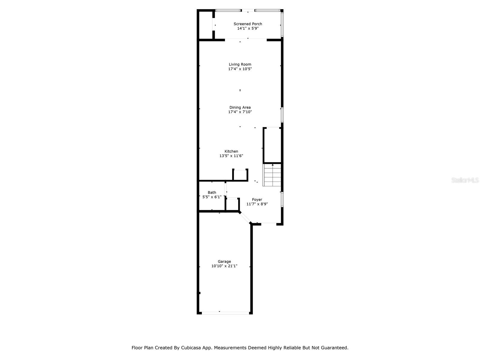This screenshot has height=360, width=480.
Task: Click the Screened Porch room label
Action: [x=248, y=24]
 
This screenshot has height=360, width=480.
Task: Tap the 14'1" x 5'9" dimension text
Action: [x=248, y=28]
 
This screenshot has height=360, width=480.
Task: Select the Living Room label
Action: [x=240, y=64]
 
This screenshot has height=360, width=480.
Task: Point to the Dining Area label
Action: [x=240, y=107]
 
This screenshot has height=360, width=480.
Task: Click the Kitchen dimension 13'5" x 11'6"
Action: [x=231, y=156]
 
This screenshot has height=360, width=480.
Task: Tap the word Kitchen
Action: [x=231, y=151]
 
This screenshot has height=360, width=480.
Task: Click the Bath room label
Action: [x=212, y=193]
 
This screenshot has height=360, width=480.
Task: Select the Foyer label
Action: [x=257, y=199]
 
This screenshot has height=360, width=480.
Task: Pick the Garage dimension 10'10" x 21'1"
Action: [x=224, y=266]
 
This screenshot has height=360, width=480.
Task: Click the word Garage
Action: [x=224, y=262]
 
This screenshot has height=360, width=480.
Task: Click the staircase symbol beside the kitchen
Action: [x=272, y=175]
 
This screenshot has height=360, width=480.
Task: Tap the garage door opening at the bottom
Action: [x=225, y=313]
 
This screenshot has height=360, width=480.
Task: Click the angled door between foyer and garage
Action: [x=245, y=218]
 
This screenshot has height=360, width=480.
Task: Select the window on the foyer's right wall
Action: [x=282, y=199]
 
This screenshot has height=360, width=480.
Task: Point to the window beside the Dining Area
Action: [x=282, y=115]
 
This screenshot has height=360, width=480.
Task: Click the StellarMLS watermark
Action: [x=465, y=180]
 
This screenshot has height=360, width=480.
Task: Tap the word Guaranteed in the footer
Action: [x=334, y=348]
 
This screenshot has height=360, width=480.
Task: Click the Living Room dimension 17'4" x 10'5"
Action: [x=240, y=69]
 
